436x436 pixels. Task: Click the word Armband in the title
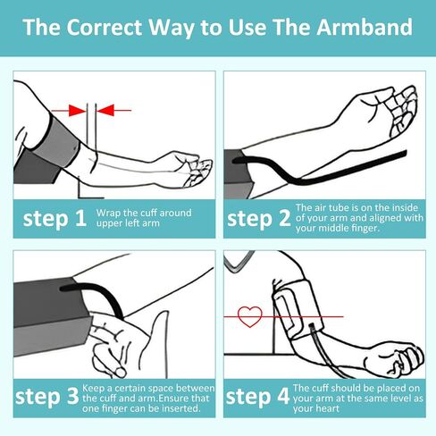tap(365, 27)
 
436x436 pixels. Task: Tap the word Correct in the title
tap(104, 27)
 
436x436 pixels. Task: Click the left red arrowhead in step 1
tap(77, 110)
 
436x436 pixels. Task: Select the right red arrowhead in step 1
tap(105, 110)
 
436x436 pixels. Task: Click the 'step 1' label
tap(54, 219)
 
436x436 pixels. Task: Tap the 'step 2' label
tap(258, 219)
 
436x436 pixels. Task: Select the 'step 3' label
tap(46, 397)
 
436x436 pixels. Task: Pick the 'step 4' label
tap(257, 397)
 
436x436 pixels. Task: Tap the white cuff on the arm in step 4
tap(298, 310)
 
